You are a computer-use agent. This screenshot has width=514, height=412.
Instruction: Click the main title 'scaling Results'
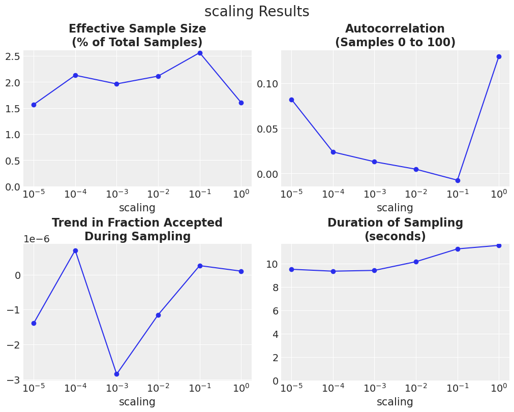(x=257, y=12)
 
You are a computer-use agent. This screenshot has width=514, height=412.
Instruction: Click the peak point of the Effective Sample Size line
(x=200, y=53)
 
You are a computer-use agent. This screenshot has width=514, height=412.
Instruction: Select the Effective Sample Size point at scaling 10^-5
(x=34, y=105)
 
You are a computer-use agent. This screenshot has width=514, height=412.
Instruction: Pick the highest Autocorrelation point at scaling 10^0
(x=499, y=56)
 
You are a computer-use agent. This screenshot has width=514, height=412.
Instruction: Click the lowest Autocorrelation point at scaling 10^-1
(x=458, y=180)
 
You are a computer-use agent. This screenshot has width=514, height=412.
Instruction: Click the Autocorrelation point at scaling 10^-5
(x=291, y=100)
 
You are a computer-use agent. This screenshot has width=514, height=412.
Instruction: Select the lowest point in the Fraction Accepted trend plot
(x=116, y=374)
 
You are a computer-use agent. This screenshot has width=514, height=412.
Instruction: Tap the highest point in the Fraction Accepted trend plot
(x=75, y=250)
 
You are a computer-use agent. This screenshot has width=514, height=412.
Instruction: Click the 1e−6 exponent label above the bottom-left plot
(x=37, y=239)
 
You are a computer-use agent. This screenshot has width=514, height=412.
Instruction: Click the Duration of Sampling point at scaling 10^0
(x=499, y=245)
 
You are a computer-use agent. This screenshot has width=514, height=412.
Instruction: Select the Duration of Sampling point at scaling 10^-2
(x=416, y=262)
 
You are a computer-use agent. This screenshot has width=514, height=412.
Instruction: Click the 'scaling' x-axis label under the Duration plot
(x=395, y=402)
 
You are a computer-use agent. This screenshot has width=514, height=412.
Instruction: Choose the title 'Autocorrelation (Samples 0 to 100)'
(x=395, y=36)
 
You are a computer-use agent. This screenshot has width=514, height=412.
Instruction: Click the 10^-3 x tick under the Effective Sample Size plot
(x=116, y=195)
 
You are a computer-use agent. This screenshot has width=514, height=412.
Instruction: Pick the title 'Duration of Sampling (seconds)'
(x=395, y=230)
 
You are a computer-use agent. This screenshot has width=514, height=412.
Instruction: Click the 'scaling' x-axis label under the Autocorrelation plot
(x=395, y=208)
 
